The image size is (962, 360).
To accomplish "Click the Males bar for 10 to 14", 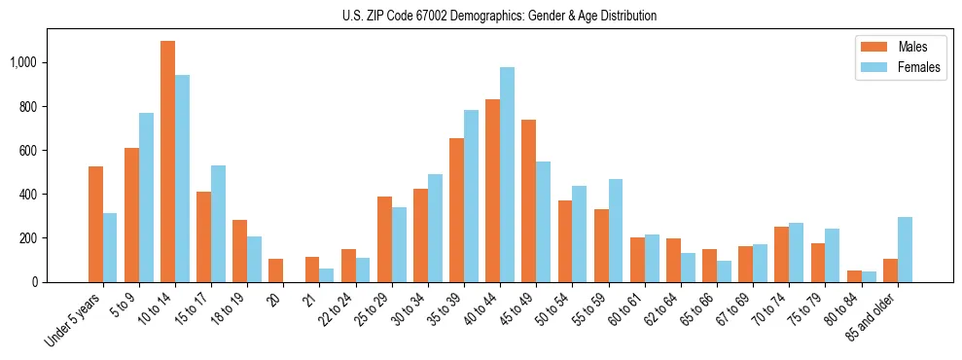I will click(x=167, y=162).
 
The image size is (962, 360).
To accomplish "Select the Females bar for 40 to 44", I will click(x=507, y=175).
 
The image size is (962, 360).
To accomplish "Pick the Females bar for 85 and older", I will click(x=905, y=249).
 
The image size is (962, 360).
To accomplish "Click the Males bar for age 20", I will click(x=275, y=270).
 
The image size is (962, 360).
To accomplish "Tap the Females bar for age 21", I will click(x=327, y=275).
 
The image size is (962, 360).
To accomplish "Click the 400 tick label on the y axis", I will click(x=30, y=195).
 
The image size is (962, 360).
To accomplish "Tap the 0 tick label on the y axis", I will click(x=36, y=282).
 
